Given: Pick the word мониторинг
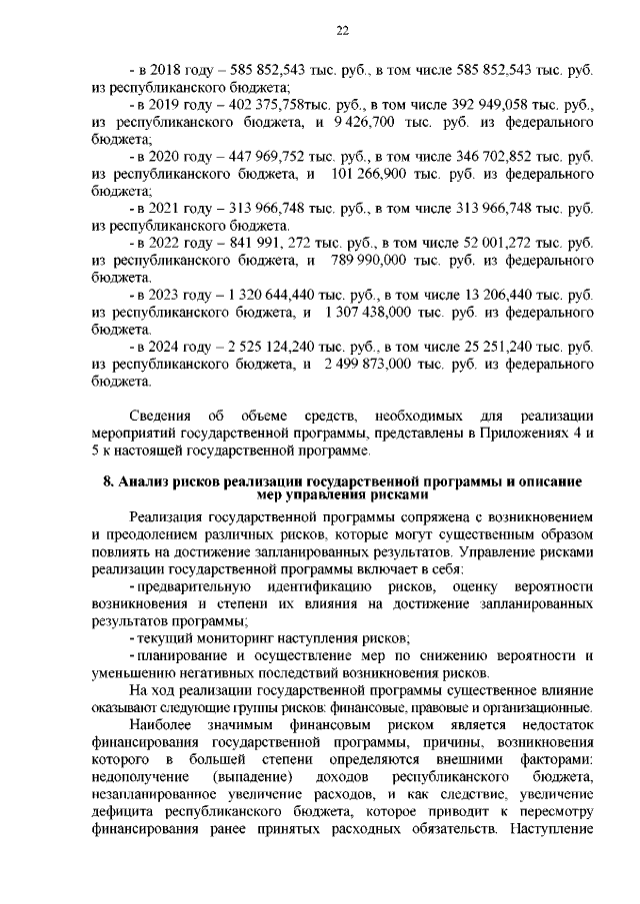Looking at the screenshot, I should [x=219, y=636].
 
